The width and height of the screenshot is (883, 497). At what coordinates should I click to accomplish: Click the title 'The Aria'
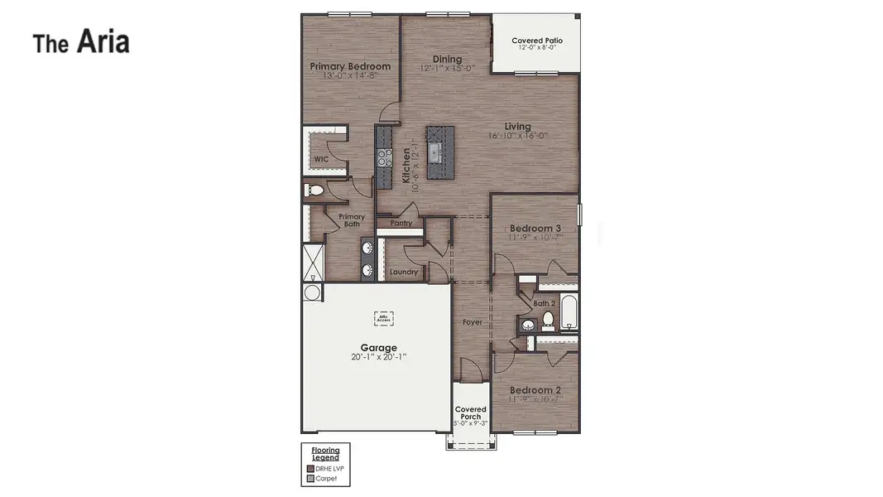(81, 42)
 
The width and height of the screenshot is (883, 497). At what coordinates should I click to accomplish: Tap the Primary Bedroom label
(350, 66)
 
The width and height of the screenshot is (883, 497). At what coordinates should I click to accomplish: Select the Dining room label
(447, 60)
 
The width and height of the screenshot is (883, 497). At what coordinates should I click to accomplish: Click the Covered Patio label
(537, 41)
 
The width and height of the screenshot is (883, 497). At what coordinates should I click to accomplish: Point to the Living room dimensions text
(517, 136)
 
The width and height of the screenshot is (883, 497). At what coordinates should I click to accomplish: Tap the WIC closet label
(320, 159)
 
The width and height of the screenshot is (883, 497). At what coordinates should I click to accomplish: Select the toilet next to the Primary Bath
(315, 191)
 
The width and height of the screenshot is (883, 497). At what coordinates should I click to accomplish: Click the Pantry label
(401, 223)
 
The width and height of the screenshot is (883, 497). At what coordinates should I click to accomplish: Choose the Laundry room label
(404, 272)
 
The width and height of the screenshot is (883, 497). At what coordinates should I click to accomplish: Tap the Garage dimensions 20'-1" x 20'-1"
(378, 357)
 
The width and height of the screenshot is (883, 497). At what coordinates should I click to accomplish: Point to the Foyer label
(472, 322)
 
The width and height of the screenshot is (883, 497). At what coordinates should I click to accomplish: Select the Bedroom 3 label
(535, 229)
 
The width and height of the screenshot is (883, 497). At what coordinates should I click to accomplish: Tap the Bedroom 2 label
(535, 390)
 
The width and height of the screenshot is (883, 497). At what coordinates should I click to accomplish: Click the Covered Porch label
(471, 413)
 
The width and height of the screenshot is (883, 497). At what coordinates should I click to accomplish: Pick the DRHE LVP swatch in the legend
(310, 468)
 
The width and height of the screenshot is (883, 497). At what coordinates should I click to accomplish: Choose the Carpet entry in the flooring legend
(326, 478)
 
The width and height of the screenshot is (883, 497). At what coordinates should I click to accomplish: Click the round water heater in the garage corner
(312, 292)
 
